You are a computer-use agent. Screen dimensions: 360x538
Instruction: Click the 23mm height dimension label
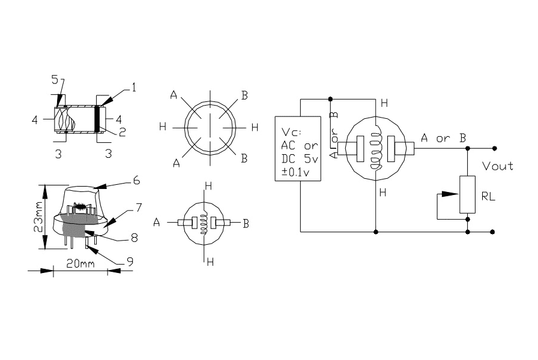[x=38, y=217]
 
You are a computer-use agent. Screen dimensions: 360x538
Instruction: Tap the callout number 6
[x=136, y=179]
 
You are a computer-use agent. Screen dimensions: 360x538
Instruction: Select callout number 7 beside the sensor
[x=138, y=207]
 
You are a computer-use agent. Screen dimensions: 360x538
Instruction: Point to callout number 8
[x=134, y=238]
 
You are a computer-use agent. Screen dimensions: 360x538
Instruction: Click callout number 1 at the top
[x=133, y=88]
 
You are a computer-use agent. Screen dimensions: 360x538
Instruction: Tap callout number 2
[x=121, y=132]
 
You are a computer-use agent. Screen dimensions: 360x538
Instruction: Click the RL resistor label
[x=489, y=196]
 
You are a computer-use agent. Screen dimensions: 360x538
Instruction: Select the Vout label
[x=498, y=166]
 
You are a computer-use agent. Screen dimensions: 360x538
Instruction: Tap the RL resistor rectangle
[x=468, y=194]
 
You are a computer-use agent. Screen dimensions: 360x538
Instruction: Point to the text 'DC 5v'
[x=298, y=159]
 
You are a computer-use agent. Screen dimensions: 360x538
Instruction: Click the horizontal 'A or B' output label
[x=444, y=139]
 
